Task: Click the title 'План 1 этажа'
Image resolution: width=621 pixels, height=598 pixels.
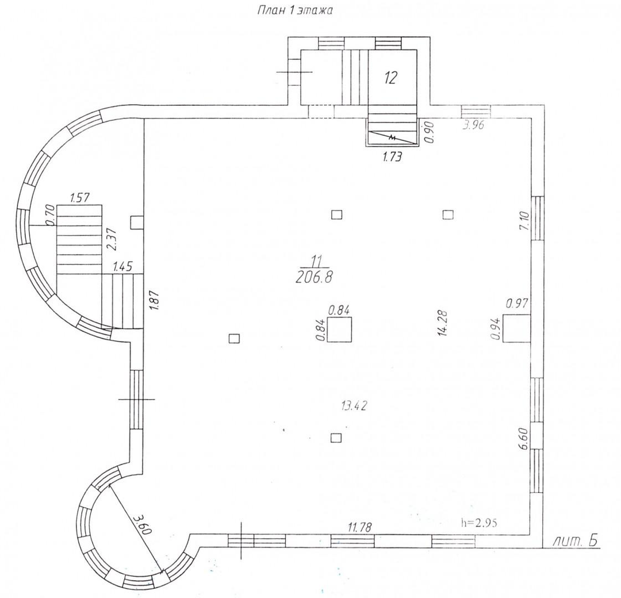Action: pyautogui.click(x=295, y=10)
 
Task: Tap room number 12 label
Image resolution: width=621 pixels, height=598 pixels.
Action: pyautogui.click(x=390, y=78)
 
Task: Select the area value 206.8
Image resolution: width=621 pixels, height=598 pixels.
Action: pyautogui.click(x=314, y=278)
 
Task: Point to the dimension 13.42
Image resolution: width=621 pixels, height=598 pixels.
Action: pyautogui.click(x=354, y=405)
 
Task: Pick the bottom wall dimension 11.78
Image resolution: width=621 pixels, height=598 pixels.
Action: pyautogui.click(x=360, y=527)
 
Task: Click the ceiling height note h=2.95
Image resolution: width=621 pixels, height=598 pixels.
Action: pyautogui.click(x=479, y=522)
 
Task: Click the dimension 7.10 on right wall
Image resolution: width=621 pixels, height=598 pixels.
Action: pyautogui.click(x=524, y=221)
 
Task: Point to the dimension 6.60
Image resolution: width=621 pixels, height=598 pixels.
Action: pyautogui.click(x=523, y=438)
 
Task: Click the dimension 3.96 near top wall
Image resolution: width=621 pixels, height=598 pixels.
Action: pyautogui.click(x=474, y=125)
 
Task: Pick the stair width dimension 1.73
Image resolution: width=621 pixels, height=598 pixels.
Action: pyautogui.click(x=392, y=157)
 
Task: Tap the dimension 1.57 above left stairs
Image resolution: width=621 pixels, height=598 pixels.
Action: pyautogui.click(x=79, y=197)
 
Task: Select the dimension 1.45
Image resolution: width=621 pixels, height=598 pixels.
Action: pyautogui.click(x=123, y=267)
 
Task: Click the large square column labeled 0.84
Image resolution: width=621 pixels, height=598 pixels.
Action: pyautogui.click(x=339, y=329)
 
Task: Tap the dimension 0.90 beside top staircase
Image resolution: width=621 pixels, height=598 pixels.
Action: pyautogui.click(x=430, y=132)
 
